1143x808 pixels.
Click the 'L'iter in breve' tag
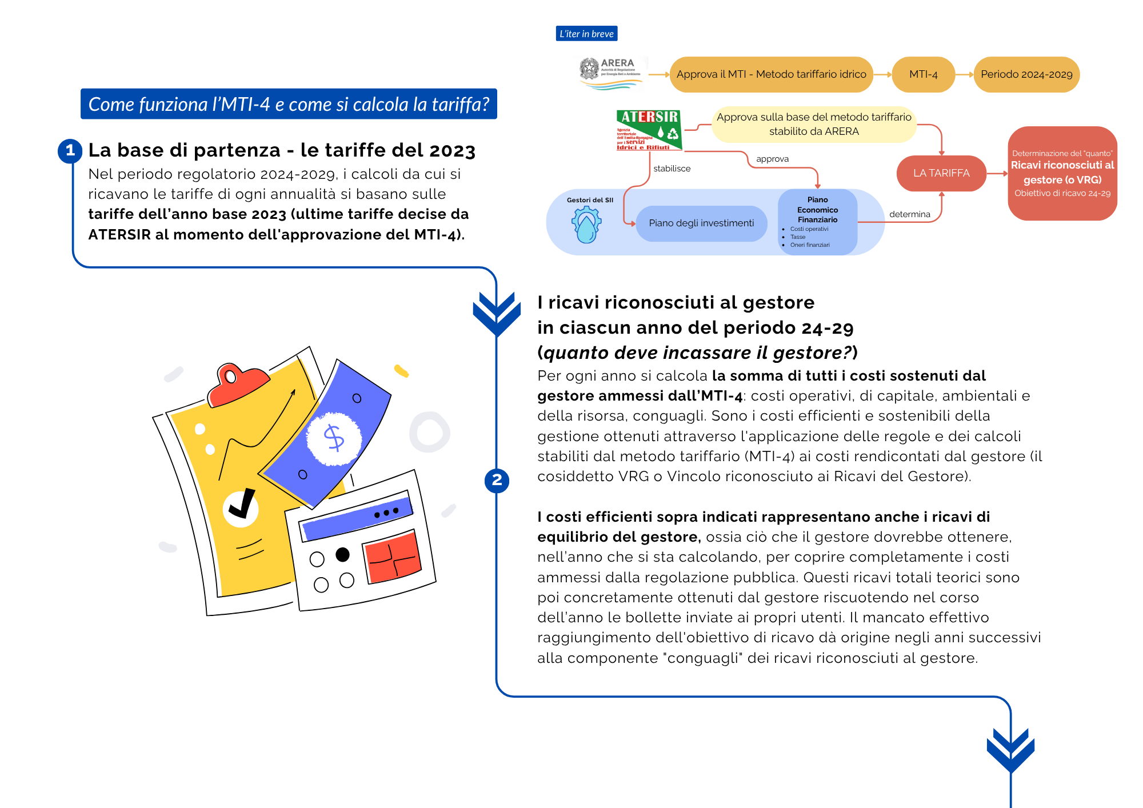(586, 34)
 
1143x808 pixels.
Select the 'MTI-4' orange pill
(923, 74)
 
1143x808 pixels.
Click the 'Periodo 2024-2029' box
(1026, 74)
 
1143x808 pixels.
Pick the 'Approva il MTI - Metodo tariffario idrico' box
(771, 74)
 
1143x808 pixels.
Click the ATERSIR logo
(649, 130)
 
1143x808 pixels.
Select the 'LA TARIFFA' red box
(941, 173)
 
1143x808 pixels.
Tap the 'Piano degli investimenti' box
(701, 223)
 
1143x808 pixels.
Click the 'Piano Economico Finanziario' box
(817, 222)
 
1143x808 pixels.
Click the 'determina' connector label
(909, 214)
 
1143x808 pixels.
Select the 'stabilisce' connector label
(672, 169)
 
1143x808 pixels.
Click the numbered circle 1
(70, 150)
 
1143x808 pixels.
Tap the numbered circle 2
(497, 480)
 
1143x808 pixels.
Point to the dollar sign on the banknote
(334, 438)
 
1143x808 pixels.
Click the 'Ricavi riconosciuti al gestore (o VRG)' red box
(1062, 173)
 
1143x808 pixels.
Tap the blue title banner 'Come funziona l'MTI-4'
(289, 104)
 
